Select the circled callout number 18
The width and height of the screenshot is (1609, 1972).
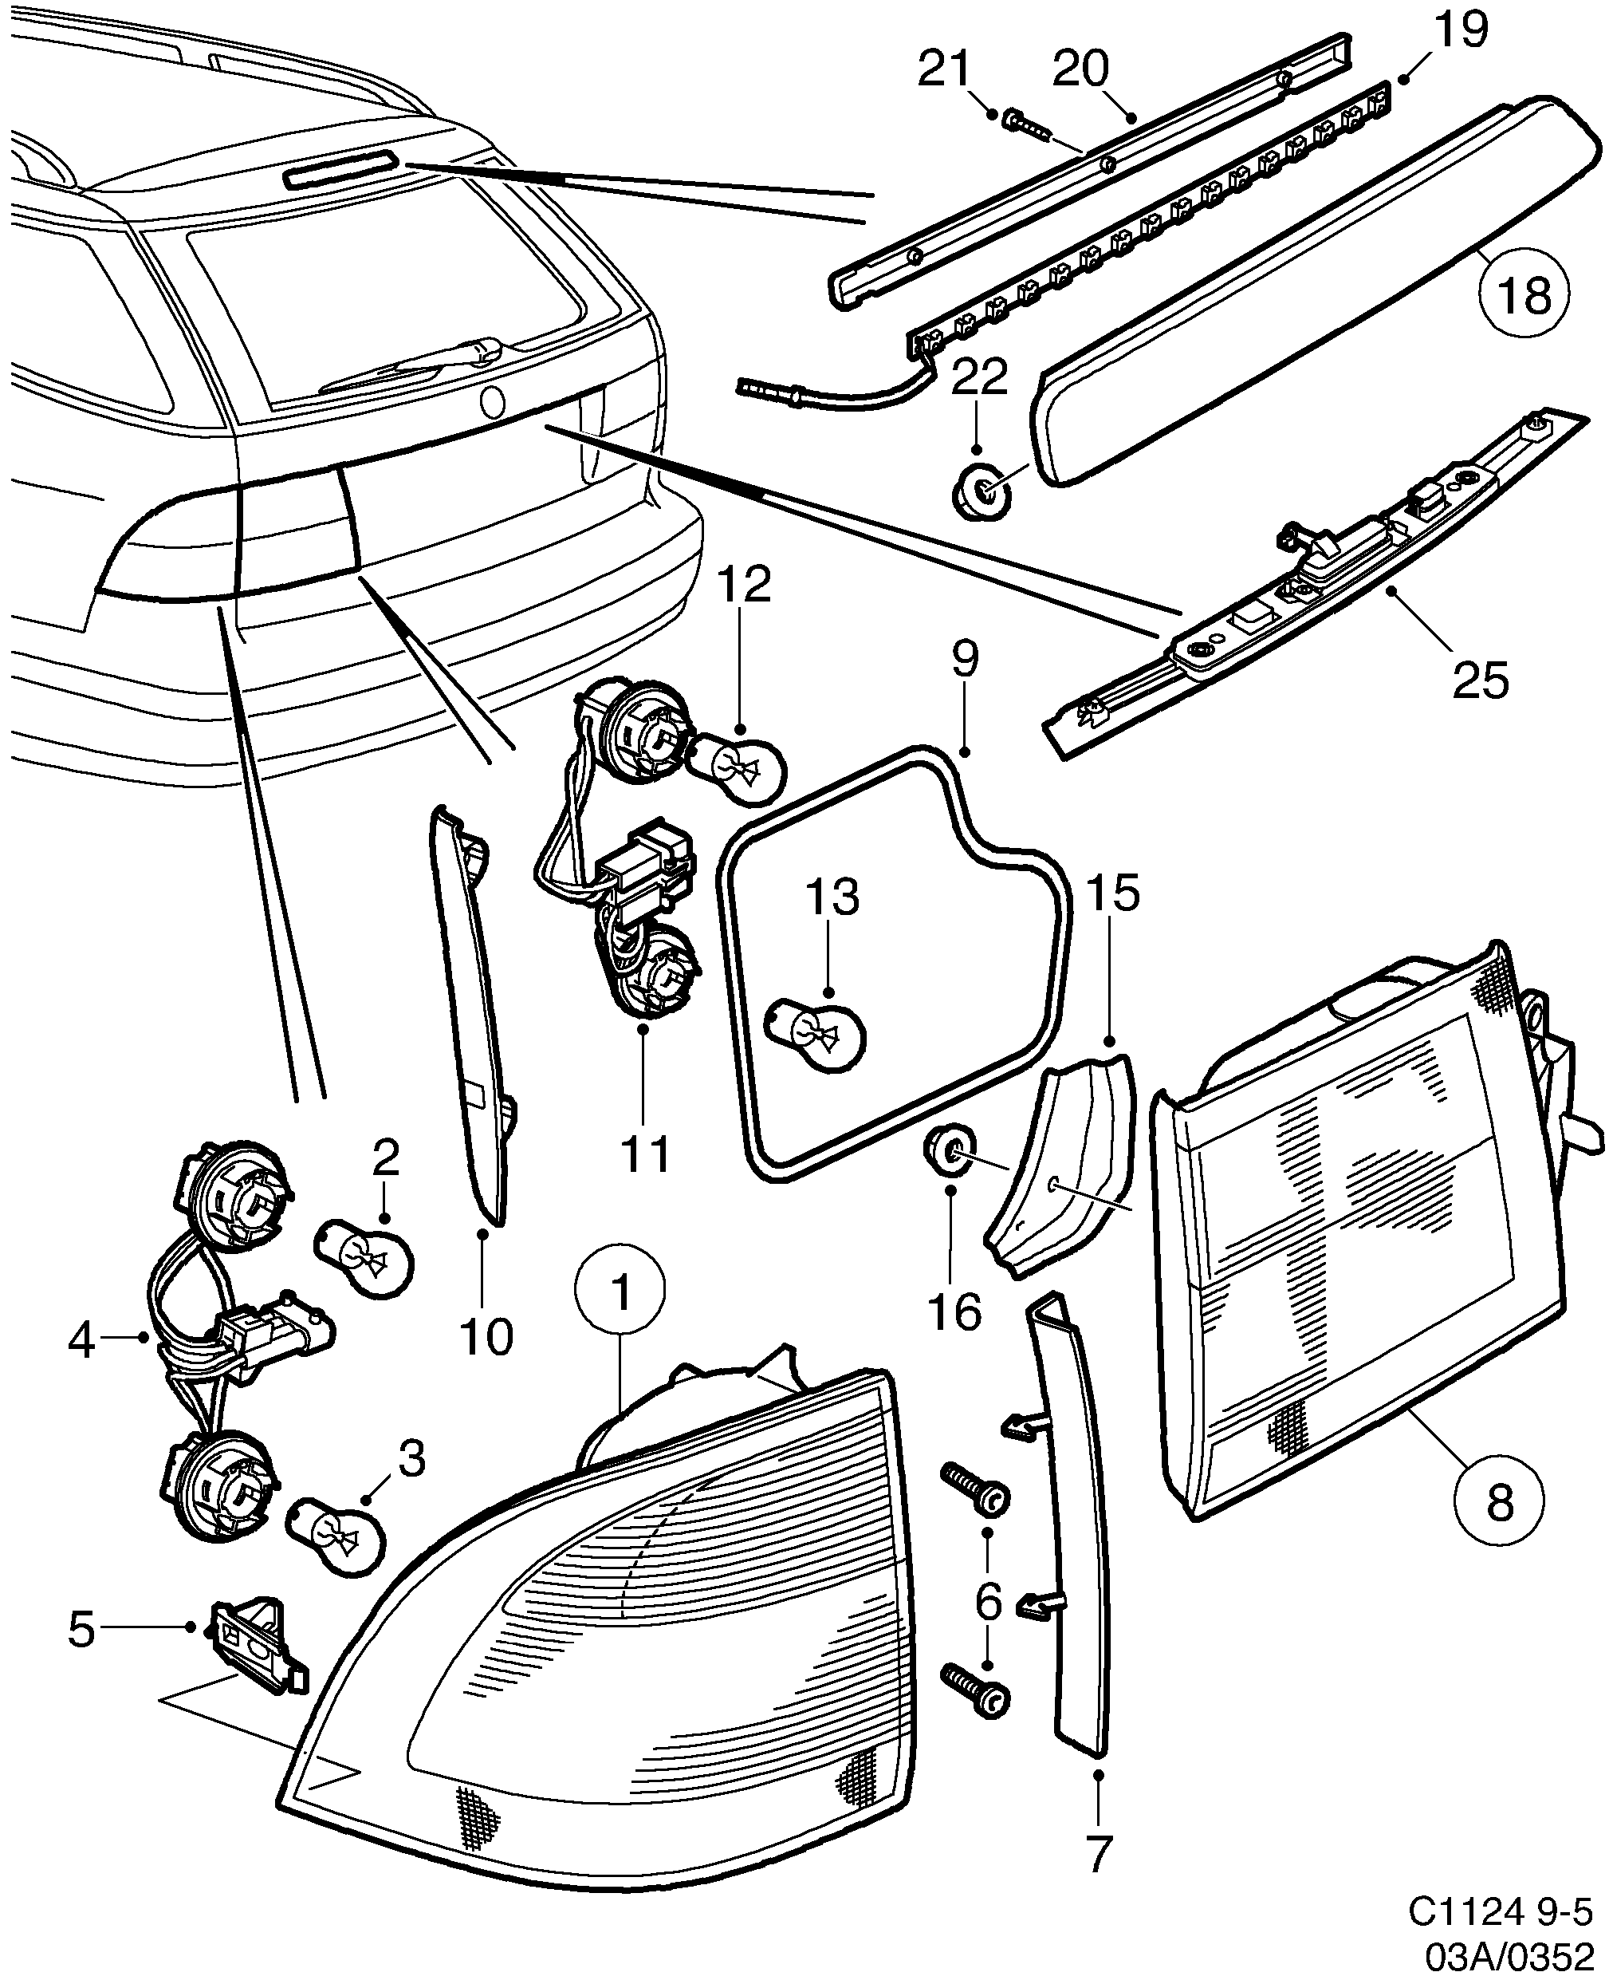pyautogui.click(x=1524, y=296)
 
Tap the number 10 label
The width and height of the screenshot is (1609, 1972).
pyautogui.click(x=485, y=1336)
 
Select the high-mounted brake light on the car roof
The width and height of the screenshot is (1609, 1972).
pyautogui.click(x=341, y=172)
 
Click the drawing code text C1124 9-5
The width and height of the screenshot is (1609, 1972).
pyautogui.click(x=1499, y=1909)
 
